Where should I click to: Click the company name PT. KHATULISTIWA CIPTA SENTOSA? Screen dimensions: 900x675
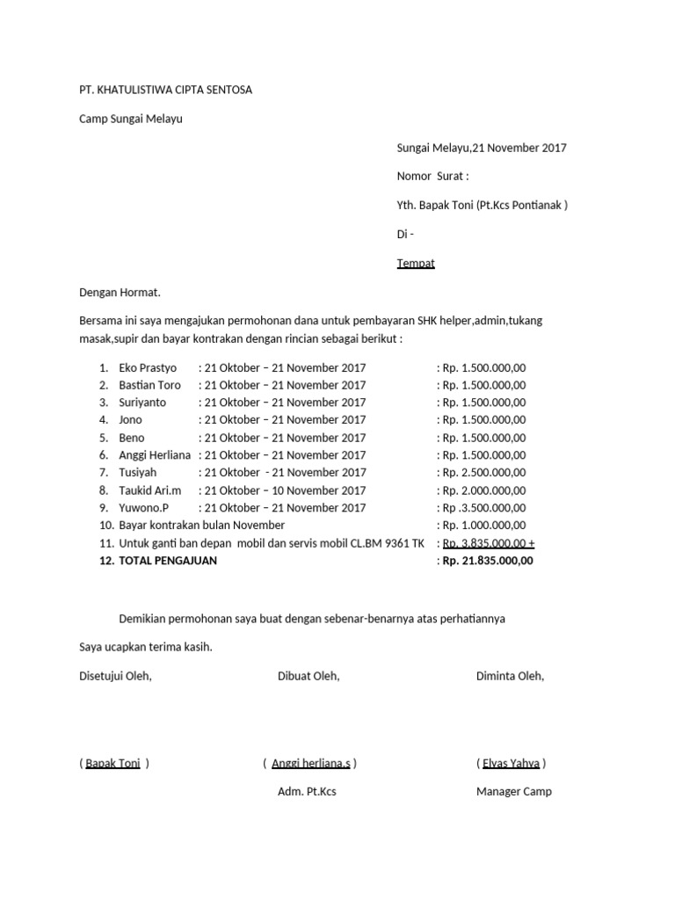[x=165, y=90]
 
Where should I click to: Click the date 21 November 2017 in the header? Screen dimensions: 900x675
[x=519, y=148]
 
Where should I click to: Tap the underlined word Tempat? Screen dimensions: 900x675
[x=416, y=264]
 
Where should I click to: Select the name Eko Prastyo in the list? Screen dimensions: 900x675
[x=148, y=367]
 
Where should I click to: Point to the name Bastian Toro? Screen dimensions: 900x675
[x=149, y=385]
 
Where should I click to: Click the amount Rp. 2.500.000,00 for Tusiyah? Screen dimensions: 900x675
[x=483, y=473]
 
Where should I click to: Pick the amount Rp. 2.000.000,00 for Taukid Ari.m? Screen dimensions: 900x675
[x=483, y=490]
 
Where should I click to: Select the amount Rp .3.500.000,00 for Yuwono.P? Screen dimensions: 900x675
[x=483, y=508]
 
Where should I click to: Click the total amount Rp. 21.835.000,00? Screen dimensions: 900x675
[x=487, y=561]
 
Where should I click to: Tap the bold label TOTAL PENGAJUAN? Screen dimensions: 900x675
[x=167, y=561]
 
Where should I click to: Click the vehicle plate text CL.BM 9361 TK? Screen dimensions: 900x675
[x=388, y=543]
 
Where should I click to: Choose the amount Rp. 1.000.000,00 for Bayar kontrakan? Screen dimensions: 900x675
[x=483, y=526]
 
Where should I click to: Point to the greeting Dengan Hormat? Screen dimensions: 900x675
[x=120, y=293]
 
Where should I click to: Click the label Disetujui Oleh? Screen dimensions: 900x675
[x=115, y=677]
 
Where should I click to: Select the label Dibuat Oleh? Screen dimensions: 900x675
[x=308, y=677]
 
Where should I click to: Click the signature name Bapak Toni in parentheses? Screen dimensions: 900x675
[x=113, y=764]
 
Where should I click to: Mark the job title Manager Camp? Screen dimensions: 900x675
[x=514, y=792]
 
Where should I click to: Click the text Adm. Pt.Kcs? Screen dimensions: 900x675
[x=307, y=792]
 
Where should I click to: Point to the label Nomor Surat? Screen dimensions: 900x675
[x=432, y=177]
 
